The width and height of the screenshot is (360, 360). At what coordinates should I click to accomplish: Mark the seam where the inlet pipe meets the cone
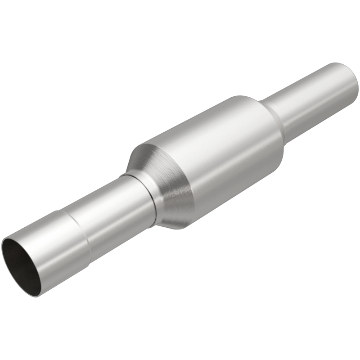click(151, 198)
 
